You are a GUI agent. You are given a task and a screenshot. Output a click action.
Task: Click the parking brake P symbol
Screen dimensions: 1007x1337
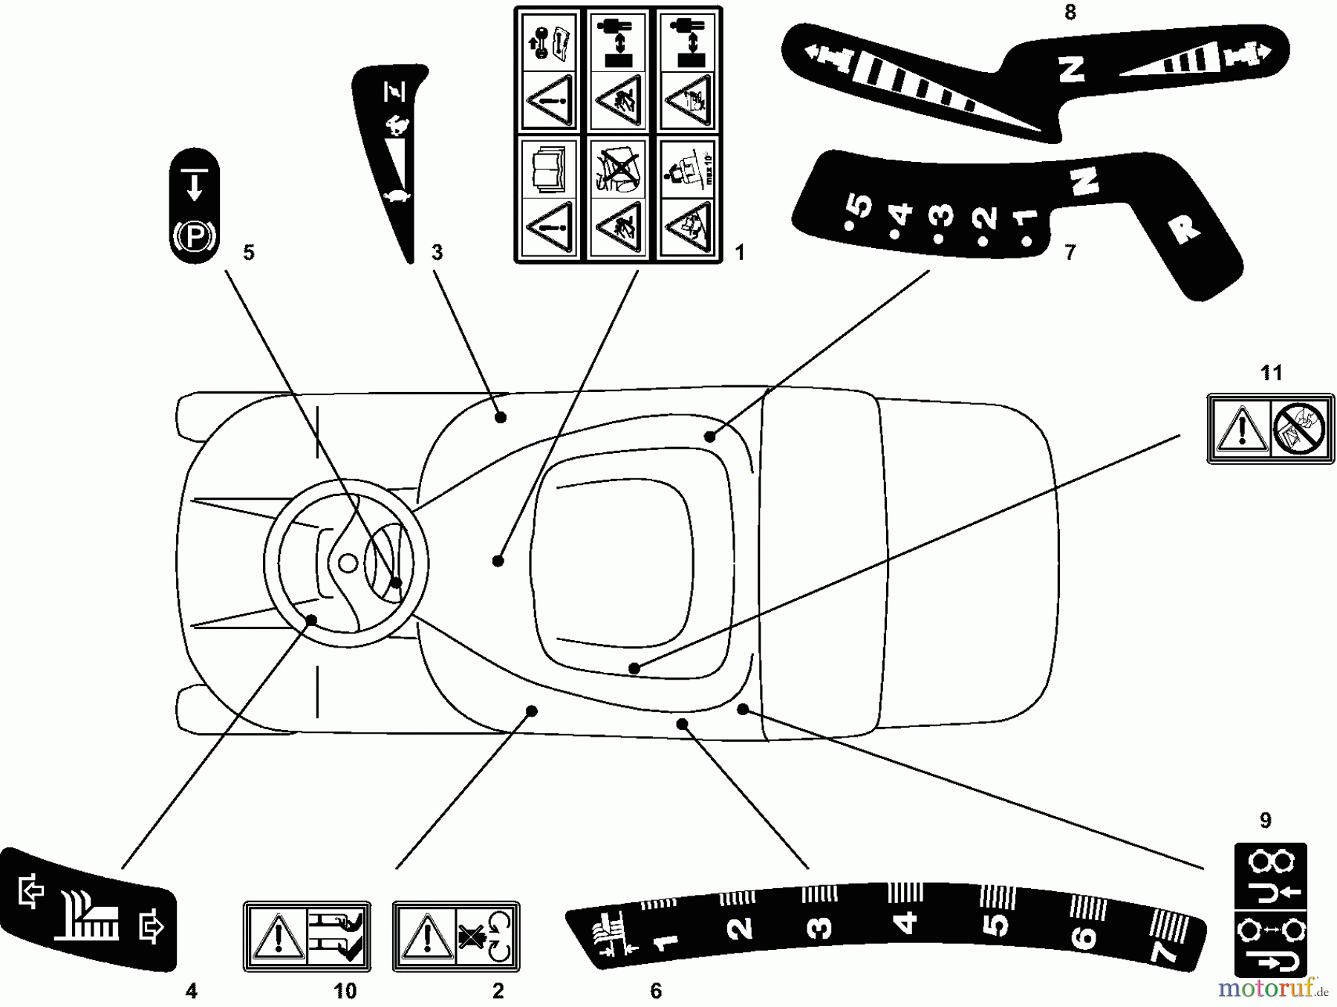coord(195,237)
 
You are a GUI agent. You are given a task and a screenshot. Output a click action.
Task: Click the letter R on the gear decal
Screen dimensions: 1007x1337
coord(1184,230)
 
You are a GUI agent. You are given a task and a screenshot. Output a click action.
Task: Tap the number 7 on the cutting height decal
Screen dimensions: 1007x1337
coord(1163,950)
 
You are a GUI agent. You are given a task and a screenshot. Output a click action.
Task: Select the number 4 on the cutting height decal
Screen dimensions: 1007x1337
coord(906,923)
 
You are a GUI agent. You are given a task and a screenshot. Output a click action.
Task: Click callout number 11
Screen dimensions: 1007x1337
coord(1271,373)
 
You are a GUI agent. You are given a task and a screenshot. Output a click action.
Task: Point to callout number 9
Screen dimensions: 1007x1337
coord(1266,821)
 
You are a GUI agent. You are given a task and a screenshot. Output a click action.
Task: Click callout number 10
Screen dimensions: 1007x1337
coord(345,991)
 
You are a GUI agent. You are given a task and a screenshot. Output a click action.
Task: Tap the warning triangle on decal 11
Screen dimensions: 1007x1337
coord(1240,430)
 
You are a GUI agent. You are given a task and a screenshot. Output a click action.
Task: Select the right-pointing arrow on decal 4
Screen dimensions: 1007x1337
coord(152,928)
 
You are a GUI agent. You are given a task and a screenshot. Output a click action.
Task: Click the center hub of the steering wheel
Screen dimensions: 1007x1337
coord(348,564)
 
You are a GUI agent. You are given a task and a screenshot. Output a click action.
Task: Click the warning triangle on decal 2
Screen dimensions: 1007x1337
coord(426,937)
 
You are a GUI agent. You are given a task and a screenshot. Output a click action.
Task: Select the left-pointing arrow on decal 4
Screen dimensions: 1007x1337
coord(30,891)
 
